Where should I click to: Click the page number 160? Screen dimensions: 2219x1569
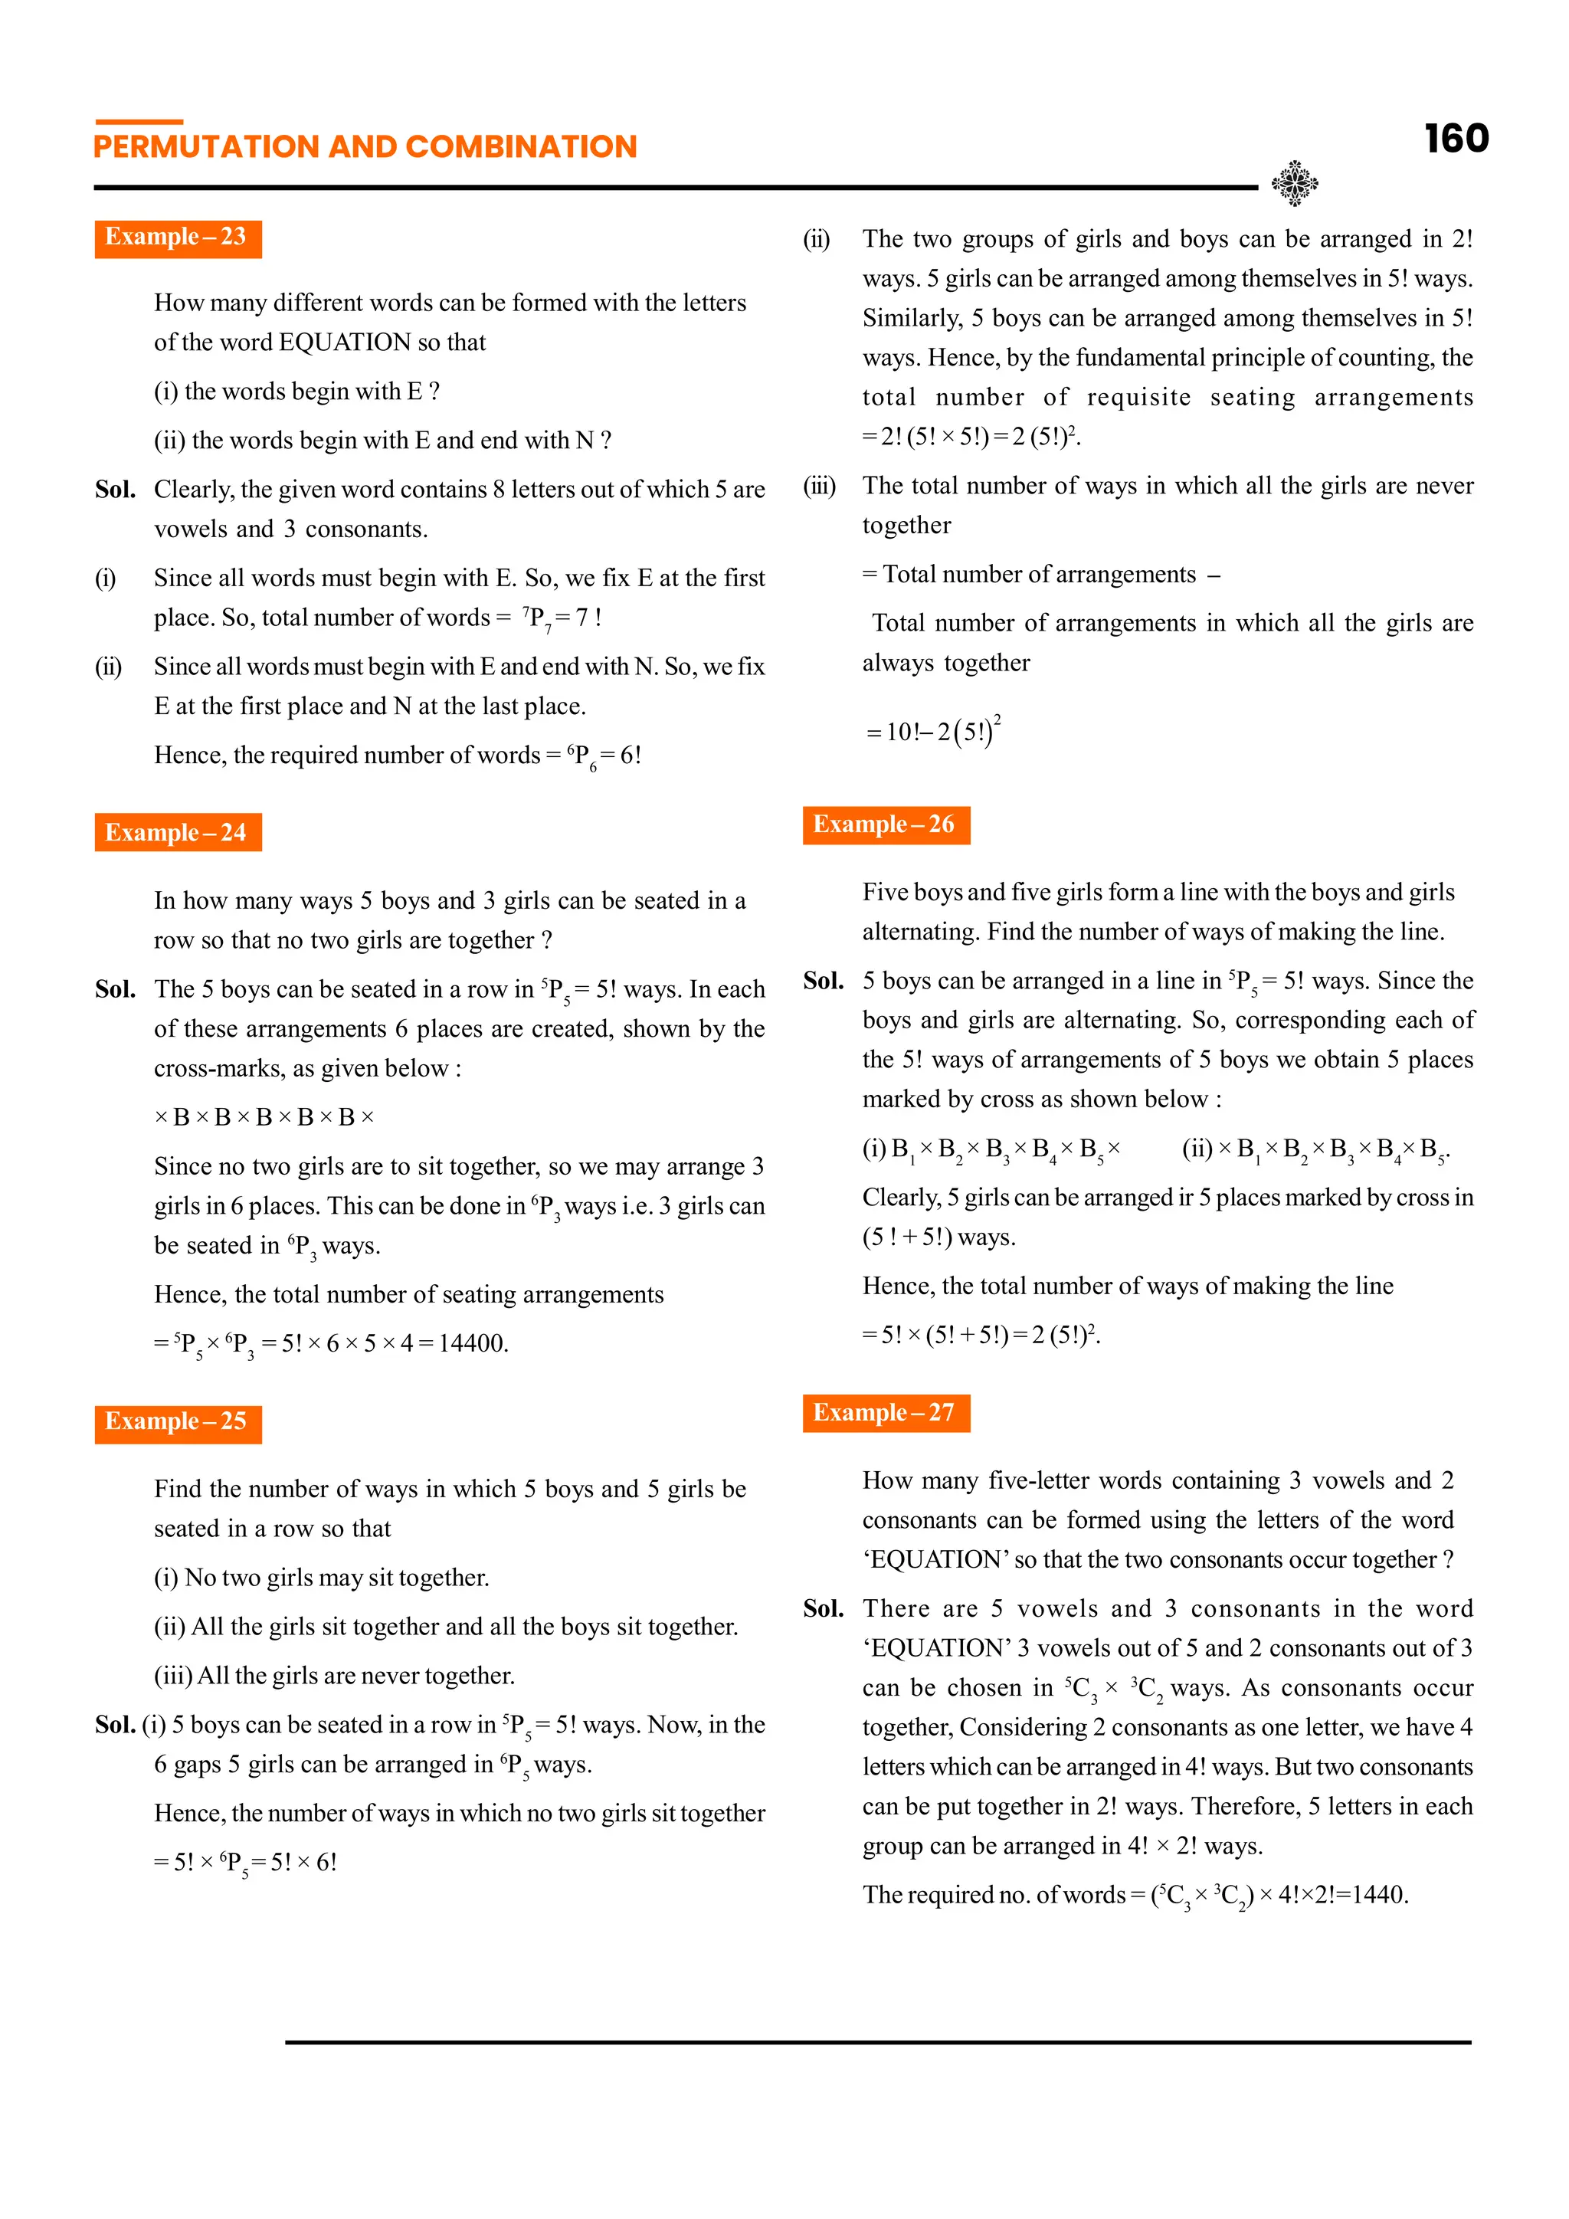1456,139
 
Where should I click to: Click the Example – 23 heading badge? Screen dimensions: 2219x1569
178,238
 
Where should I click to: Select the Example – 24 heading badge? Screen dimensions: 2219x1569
178,833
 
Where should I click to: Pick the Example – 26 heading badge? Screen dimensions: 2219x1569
885,825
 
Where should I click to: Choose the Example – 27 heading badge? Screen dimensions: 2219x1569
885,1413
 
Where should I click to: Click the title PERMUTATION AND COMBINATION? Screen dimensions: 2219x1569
365,147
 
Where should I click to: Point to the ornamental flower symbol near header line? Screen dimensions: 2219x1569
1295,182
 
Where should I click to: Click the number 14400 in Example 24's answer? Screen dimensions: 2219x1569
473,1343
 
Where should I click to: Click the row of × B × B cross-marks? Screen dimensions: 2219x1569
264,1117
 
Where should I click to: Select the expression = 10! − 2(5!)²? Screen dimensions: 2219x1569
933,731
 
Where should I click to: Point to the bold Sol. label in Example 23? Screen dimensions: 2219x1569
115,490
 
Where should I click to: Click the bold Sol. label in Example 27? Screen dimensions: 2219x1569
823,1609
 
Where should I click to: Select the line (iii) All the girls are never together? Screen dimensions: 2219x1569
334,1676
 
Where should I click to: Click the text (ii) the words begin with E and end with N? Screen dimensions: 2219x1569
382,441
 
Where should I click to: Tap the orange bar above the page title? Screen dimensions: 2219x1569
139,122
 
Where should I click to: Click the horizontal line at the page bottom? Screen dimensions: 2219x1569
877,2042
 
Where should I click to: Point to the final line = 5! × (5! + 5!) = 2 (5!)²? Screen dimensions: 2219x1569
981,1336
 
